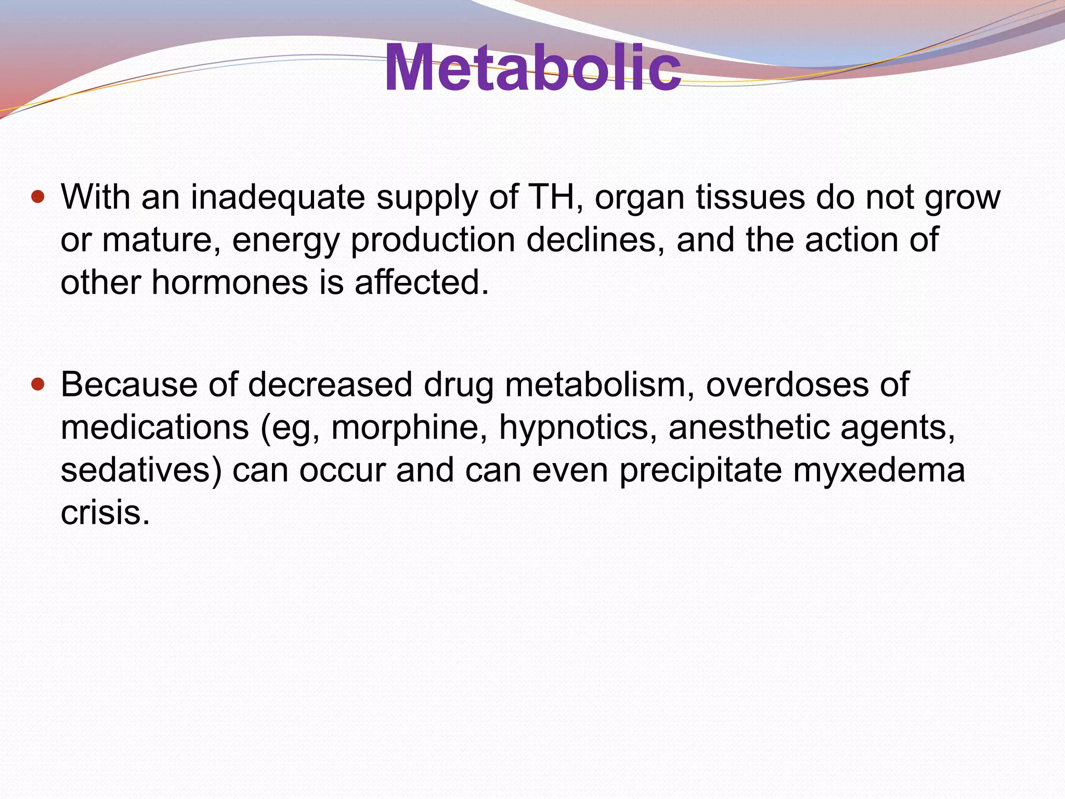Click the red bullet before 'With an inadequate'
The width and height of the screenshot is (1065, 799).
(x=38, y=198)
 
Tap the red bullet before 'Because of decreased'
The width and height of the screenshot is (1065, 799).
(x=38, y=385)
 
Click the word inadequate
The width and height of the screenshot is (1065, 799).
(x=278, y=198)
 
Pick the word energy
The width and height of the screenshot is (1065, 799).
(x=285, y=241)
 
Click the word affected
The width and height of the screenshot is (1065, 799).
(x=422, y=283)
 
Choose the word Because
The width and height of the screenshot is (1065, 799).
(x=129, y=385)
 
